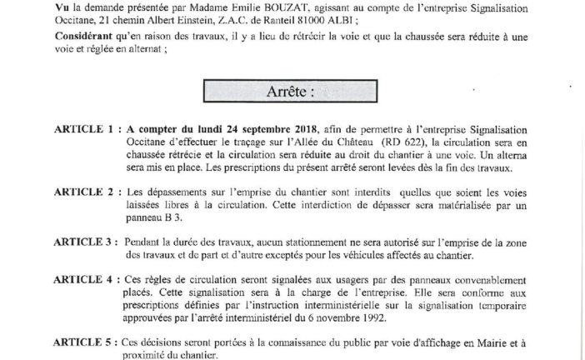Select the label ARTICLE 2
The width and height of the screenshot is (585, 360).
[86, 192]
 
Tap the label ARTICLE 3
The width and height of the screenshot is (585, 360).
[86, 241]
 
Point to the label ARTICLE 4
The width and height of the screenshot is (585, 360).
[86, 278]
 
